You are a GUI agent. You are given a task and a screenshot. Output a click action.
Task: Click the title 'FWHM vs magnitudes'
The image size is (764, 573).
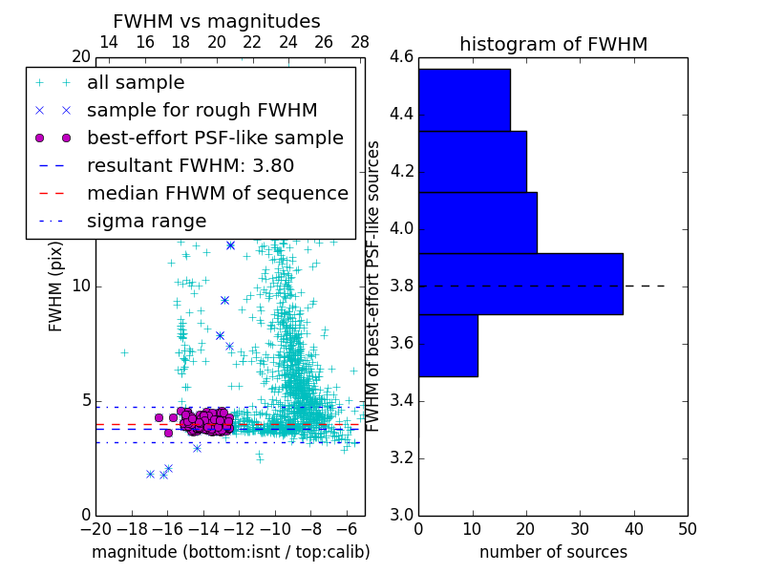[x=216, y=21]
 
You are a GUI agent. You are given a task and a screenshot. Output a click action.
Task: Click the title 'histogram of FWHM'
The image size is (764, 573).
[x=553, y=44]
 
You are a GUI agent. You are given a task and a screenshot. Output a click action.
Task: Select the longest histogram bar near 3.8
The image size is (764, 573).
[x=520, y=284]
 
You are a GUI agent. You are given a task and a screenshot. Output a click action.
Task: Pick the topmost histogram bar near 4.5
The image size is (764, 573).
[x=464, y=99]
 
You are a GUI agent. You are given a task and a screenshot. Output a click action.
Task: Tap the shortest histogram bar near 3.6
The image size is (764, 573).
[x=448, y=345]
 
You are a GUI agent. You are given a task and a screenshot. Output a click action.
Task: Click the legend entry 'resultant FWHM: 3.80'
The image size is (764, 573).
[x=190, y=165]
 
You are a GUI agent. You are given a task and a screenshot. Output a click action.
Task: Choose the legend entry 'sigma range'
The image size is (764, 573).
[x=146, y=221]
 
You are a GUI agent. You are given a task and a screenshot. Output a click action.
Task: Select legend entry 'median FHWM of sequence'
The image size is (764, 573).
[x=217, y=193]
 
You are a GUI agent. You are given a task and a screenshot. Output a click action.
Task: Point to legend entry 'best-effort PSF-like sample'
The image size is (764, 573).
[x=215, y=138]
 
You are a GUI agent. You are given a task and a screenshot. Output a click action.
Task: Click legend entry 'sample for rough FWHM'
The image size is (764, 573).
[x=202, y=110]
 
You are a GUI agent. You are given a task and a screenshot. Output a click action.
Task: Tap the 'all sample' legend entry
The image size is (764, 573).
[x=136, y=82]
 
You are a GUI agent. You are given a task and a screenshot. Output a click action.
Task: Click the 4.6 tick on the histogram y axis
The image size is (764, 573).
[x=401, y=57]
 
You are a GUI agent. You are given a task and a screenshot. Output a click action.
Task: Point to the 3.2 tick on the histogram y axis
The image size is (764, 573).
[x=401, y=457]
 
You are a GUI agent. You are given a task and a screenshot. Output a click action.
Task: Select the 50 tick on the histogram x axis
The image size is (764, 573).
[x=687, y=529]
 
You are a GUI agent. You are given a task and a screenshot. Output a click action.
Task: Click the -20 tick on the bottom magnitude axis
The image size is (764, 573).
[x=95, y=529]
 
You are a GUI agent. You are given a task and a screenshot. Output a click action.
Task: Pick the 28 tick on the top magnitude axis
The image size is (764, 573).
[x=360, y=42]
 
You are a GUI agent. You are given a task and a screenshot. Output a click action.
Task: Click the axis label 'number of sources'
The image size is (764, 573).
[x=553, y=552]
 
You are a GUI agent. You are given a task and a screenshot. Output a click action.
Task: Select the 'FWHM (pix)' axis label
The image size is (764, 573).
[x=56, y=286]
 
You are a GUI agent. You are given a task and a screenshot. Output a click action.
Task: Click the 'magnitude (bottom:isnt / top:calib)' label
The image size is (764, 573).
[x=230, y=552]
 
